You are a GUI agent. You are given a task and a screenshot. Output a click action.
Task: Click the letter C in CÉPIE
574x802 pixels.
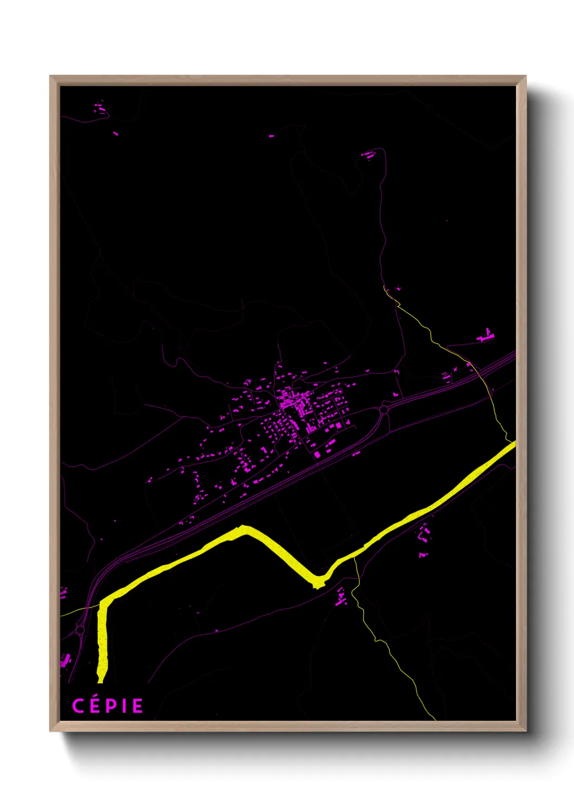[78, 706]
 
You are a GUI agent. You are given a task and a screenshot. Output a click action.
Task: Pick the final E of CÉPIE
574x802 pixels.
[137, 706]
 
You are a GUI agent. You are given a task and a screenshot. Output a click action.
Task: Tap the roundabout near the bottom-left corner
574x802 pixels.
[80, 630]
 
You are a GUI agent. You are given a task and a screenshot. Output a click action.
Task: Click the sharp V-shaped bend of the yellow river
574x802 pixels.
[317, 583]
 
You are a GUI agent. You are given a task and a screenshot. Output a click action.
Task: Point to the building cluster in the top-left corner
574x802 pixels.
[100, 109]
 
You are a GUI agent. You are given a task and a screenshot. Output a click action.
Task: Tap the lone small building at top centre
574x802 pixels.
[271, 135]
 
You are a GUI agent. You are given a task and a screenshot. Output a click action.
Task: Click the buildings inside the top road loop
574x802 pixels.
[369, 154]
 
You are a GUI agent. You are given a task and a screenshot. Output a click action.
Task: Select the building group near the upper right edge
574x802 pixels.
[487, 336]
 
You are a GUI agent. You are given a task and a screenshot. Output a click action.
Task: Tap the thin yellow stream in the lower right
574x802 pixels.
[391, 650]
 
